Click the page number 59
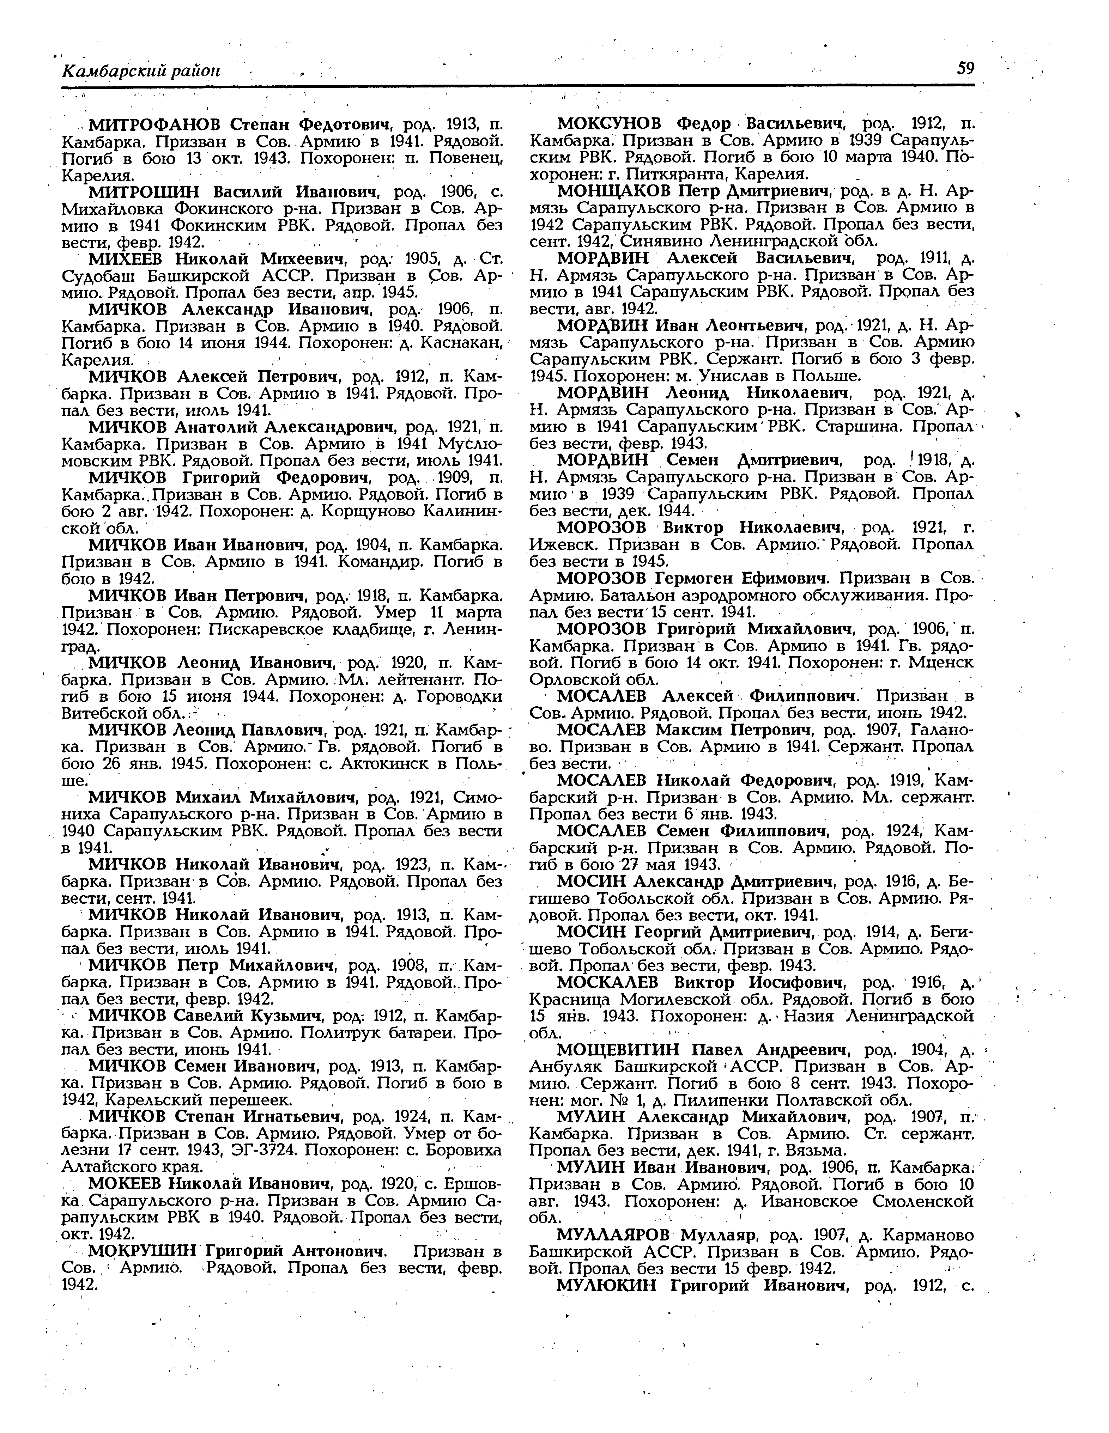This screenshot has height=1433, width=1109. click(965, 69)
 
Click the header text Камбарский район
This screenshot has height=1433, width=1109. click(140, 71)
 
